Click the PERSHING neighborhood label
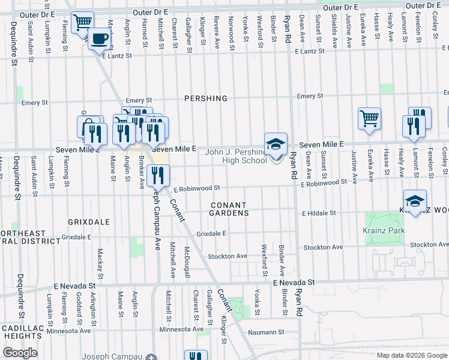tap(206, 98)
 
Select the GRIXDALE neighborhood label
tap(89, 221)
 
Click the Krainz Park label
tap(384, 230)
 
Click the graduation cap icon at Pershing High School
tap(276, 145)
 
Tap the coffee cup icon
tap(100, 38)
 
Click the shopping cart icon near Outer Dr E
tap(82, 23)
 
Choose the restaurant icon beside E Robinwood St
tap(158, 175)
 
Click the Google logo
tap(20, 353)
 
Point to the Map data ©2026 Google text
tap(411, 355)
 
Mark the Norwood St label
tap(231, 30)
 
